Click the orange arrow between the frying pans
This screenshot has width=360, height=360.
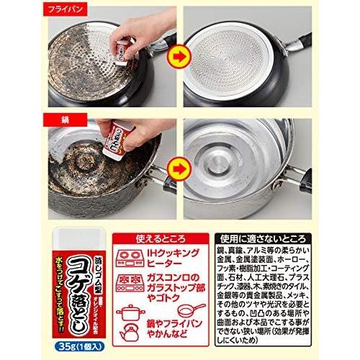(x=177, y=54)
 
